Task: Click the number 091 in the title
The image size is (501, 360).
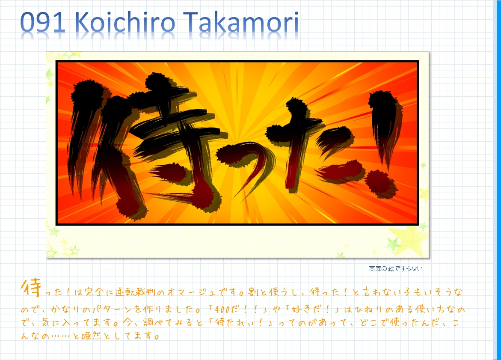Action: pyautogui.click(x=42, y=24)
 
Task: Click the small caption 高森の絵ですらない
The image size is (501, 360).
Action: pyautogui.click(x=396, y=269)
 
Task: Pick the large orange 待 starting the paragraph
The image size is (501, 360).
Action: pyautogui.click(x=30, y=288)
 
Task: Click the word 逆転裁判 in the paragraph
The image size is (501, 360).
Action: pyautogui.click(x=137, y=294)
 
